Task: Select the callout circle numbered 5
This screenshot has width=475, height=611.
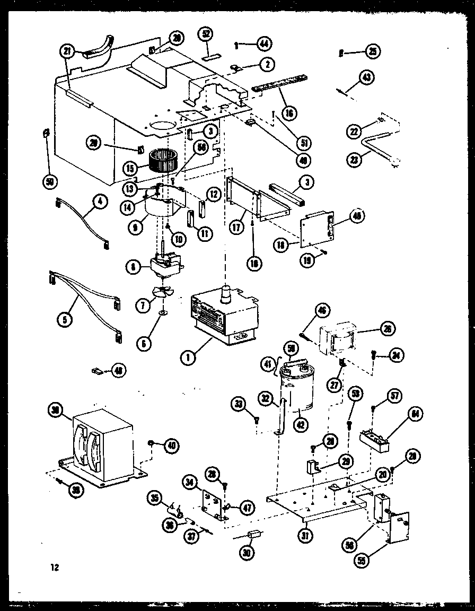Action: (65, 319)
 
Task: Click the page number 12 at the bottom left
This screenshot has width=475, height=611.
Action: (54, 568)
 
